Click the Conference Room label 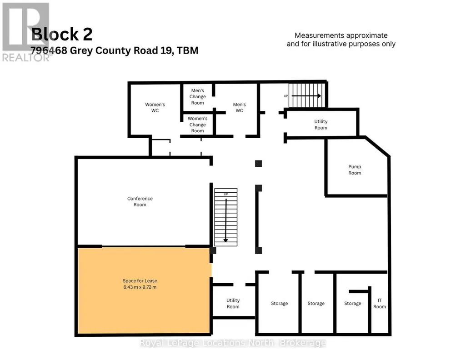(x=140, y=201)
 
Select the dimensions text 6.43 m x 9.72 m (x=140, y=287)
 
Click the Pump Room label (x=355, y=170)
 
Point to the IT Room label (x=380, y=303)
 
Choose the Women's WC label (x=155, y=107)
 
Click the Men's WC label (x=239, y=107)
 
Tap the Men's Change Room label (x=197, y=96)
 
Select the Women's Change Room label (x=197, y=125)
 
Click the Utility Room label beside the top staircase (x=321, y=125)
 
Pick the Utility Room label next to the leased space (x=233, y=303)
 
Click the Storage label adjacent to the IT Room (x=352, y=303)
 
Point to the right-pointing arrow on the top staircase (x=306, y=95)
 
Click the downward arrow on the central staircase (x=225, y=220)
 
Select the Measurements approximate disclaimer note (x=341, y=40)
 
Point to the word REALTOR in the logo (x=25, y=57)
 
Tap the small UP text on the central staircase (x=226, y=194)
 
